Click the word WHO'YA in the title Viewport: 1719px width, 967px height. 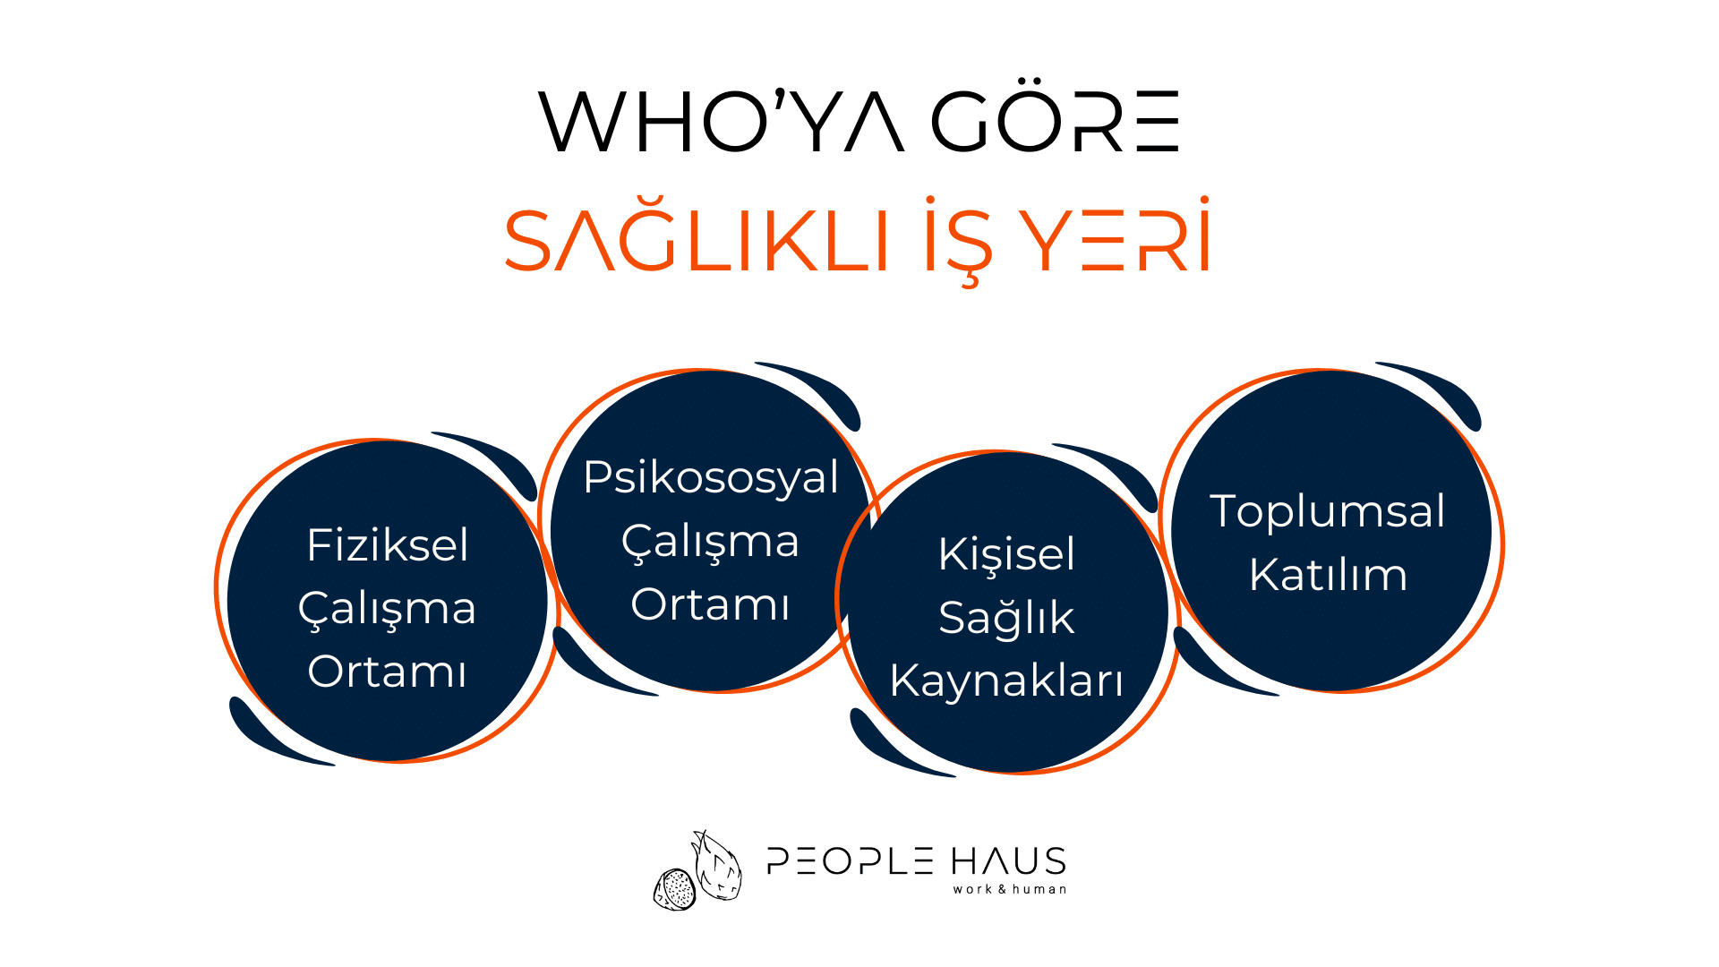(x=722, y=120)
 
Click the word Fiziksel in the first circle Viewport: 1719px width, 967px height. (x=387, y=544)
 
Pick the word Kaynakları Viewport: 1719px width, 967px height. (x=1006, y=680)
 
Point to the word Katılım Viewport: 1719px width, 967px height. (x=1328, y=575)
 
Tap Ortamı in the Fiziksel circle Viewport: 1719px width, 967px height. (x=387, y=672)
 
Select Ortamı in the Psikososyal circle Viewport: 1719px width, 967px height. (x=710, y=604)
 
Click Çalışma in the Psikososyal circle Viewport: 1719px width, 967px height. (x=710, y=543)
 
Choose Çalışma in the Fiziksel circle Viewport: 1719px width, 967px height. (x=387, y=610)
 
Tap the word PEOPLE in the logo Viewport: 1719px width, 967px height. (x=851, y=861)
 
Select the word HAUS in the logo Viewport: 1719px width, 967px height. (x=1008, y=861)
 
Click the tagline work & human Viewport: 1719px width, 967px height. (x=1010, y=889)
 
